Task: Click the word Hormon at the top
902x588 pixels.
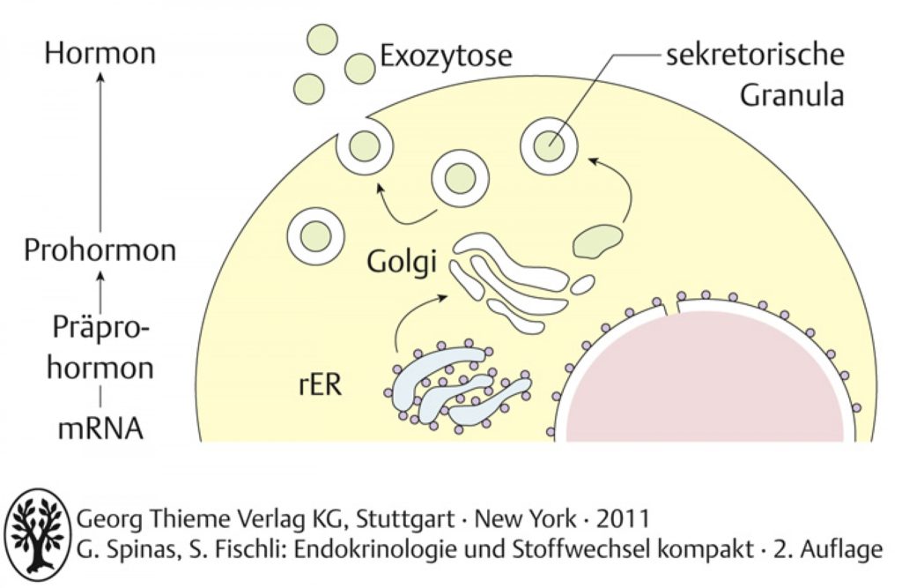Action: tap(100, 53)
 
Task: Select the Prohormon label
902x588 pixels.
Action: tap(100, 251)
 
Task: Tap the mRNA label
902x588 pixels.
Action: tap(100, 428)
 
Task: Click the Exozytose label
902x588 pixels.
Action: tap(446, 56)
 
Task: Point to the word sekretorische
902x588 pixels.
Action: tap(755, 55)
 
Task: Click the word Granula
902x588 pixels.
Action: tap(792, 95)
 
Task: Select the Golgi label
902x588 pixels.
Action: tap(402, 263)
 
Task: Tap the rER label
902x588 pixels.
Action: tap(320, 384)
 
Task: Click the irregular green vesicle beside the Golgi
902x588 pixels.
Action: tap(598, 241)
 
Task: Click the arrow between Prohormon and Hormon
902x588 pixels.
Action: tap(100, 152)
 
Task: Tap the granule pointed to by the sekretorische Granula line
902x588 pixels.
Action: tap(548, 146)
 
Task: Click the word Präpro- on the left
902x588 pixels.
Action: tap(100, 328)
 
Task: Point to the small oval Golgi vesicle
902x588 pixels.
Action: tap(583, 285)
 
